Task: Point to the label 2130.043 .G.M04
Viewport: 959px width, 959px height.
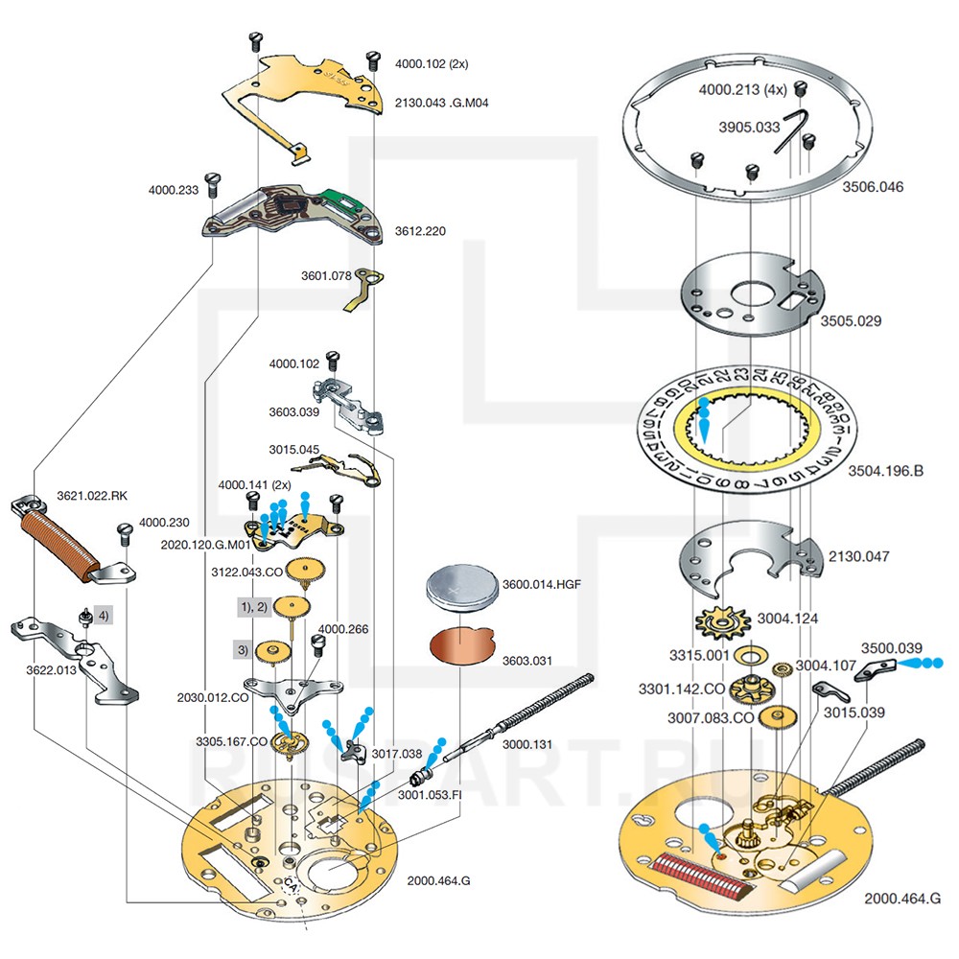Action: point(442,102)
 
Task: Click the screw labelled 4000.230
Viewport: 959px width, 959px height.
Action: point(123,530)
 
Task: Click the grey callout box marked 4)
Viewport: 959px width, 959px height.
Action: point(104,615)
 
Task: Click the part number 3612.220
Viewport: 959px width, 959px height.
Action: point(420,232)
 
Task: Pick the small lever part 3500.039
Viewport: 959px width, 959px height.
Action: point(873,667)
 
